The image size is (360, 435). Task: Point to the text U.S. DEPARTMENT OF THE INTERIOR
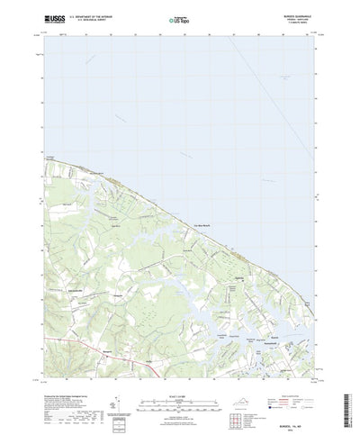94,15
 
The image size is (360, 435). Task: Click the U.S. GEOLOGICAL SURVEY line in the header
94,20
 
